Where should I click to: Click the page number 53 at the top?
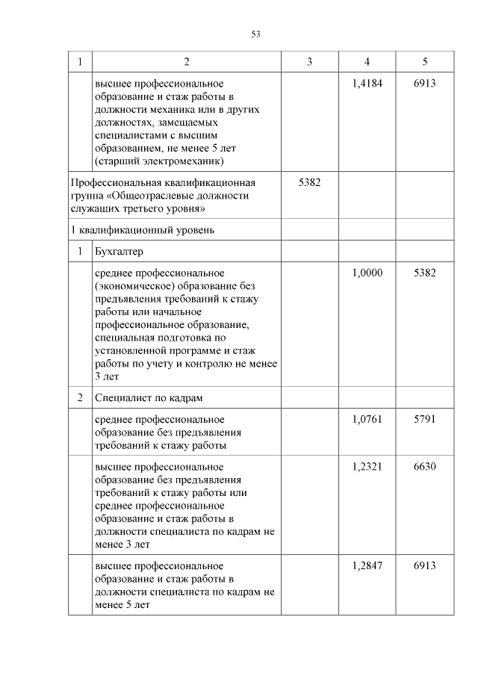click(x=255, y=34)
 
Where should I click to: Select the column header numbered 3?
click(x=309, y=61)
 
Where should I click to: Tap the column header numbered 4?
click(x=367, y=61)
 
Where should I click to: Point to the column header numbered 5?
click(x=424, y=61)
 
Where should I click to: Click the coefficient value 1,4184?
click(x=367, y=84)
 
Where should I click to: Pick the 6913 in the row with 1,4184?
click(x=424, y=84)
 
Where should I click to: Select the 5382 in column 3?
click(x=309, y=182)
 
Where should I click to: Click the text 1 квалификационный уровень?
click(x=142, y=229)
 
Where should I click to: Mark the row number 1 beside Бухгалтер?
click(x=79, y=252)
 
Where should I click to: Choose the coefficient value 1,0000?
click(x=367, y=273)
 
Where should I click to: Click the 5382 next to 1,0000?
click(x=424, y=273)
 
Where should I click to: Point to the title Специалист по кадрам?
click(x=149, y=397)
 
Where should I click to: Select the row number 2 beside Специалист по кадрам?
click(x=79, y=397)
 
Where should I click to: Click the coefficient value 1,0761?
click(x=367, y=420)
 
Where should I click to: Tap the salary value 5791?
click(x=424, y=420)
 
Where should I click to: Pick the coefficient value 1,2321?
click(x=367, y=467)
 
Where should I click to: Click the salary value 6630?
click(x=424, y=467)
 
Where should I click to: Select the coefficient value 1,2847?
click(x=367, y=566)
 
